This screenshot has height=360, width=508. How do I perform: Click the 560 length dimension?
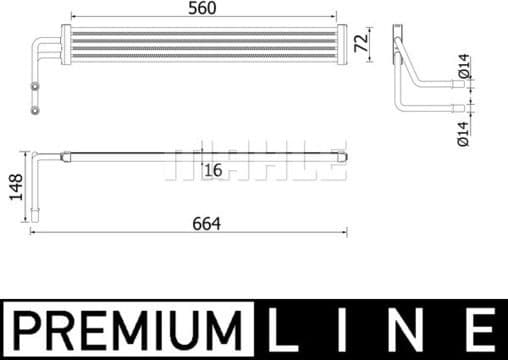[x=202, y=9]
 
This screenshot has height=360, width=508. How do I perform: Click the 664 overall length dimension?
[x=205, y=222]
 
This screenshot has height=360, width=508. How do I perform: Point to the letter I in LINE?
[x=345, y=328]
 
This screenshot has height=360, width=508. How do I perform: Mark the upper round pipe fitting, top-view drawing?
[x=38, y=87]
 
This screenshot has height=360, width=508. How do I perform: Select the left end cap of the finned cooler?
[x=66, y=42]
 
